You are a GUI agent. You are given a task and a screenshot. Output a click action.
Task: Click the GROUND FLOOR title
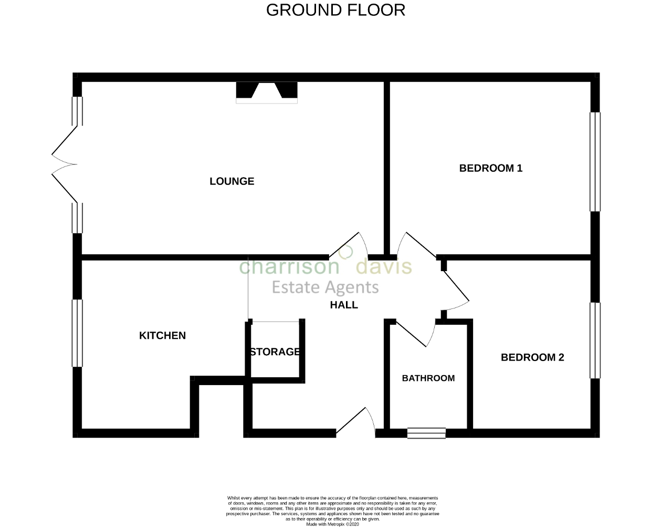click(x=335, y=10)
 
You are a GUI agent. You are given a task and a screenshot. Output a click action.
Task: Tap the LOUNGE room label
click(x=232, y=181)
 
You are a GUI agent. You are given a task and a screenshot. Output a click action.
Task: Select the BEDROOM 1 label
click(x=490, y=168)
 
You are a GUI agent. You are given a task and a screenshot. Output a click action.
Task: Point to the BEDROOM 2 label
click(x=532, y=357)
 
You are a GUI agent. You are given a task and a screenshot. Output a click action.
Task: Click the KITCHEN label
click(x=162, y=335)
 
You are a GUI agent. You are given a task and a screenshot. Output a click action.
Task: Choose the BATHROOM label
click(x=428, y=378)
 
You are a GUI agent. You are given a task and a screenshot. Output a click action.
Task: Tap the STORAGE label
click(x=275, y=352)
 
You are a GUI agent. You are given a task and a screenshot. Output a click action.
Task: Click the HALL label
click(x=344, y=305)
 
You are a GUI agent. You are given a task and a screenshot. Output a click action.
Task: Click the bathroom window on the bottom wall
click(x=426, y=433)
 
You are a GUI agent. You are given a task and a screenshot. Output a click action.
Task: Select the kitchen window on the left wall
click(x=77, y=333)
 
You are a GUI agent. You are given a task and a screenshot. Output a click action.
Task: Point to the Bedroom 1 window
click(x=595, y=161)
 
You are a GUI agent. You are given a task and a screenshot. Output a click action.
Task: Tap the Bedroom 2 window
click(x=595, y=340)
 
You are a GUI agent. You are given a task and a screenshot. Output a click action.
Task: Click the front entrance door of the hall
click(x=355, y=423)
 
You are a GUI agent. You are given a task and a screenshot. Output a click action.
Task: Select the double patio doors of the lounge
click(x=66, y=164)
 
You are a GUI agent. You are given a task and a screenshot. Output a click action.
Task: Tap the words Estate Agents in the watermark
click(x=324, y=287)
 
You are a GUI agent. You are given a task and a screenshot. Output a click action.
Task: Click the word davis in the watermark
click(x=384, y=267)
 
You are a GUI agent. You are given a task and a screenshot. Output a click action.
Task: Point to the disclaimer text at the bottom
click(x=333, y=508)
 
